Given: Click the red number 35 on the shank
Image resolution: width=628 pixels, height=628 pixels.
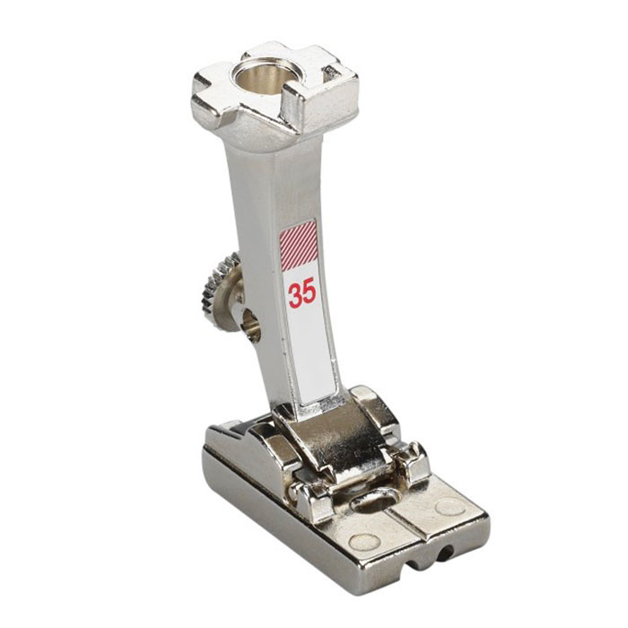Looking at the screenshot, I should click(302, 293).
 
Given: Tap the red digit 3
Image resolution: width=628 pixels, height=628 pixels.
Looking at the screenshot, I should click(295, 293).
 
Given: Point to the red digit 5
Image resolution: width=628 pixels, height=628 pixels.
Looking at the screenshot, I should click(310, 293).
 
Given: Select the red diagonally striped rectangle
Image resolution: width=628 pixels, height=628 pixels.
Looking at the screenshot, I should click(299, 245).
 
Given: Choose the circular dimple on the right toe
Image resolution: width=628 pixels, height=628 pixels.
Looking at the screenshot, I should click(444, 507).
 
